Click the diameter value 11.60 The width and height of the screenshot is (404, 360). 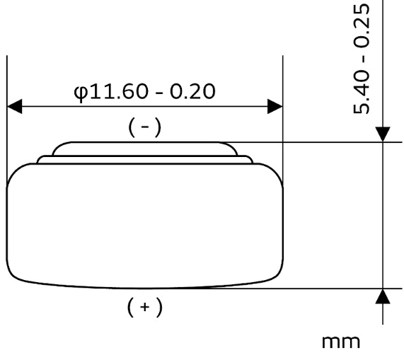coord(118,92)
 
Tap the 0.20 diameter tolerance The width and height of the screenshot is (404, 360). coord(192,92)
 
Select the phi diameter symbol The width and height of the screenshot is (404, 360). coord(81,93)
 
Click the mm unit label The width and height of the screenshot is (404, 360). coord(341,342)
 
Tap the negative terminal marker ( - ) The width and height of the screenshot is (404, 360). coord(145,127)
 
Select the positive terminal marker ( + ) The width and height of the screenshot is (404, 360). coord(145,307)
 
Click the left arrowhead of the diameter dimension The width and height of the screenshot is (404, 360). coord(14,106)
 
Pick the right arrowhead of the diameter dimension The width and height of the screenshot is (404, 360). coord(275,106)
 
